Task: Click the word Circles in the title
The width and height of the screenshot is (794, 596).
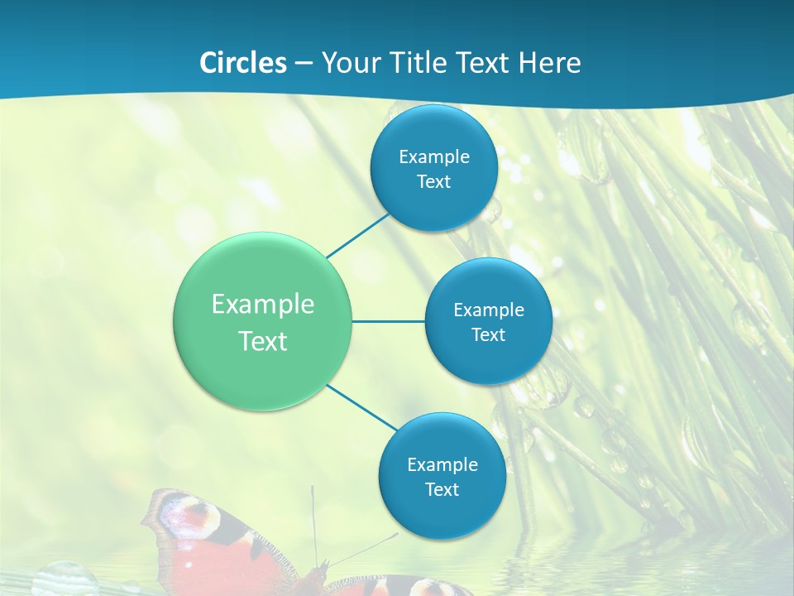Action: (x=242, y=63)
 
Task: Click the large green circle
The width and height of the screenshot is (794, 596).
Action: (x=263, y=322)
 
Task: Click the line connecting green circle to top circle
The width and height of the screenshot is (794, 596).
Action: (x=358, y=235)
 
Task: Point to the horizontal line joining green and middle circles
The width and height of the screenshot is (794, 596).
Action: (x=388, y=321)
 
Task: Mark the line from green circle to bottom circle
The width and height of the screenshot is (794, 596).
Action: (x=362, y=407)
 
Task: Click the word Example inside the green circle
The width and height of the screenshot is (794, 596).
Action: (x=263, y=305)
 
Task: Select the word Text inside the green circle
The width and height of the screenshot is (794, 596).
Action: (x=263, y=341)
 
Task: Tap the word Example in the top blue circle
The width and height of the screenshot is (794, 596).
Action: (x=434, y=157)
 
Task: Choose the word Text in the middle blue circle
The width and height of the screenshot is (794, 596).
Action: (x=489, y=335)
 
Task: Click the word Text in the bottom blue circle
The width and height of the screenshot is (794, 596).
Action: (x=442, y=490)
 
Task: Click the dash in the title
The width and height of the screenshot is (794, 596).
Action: (x=304, y=64)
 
